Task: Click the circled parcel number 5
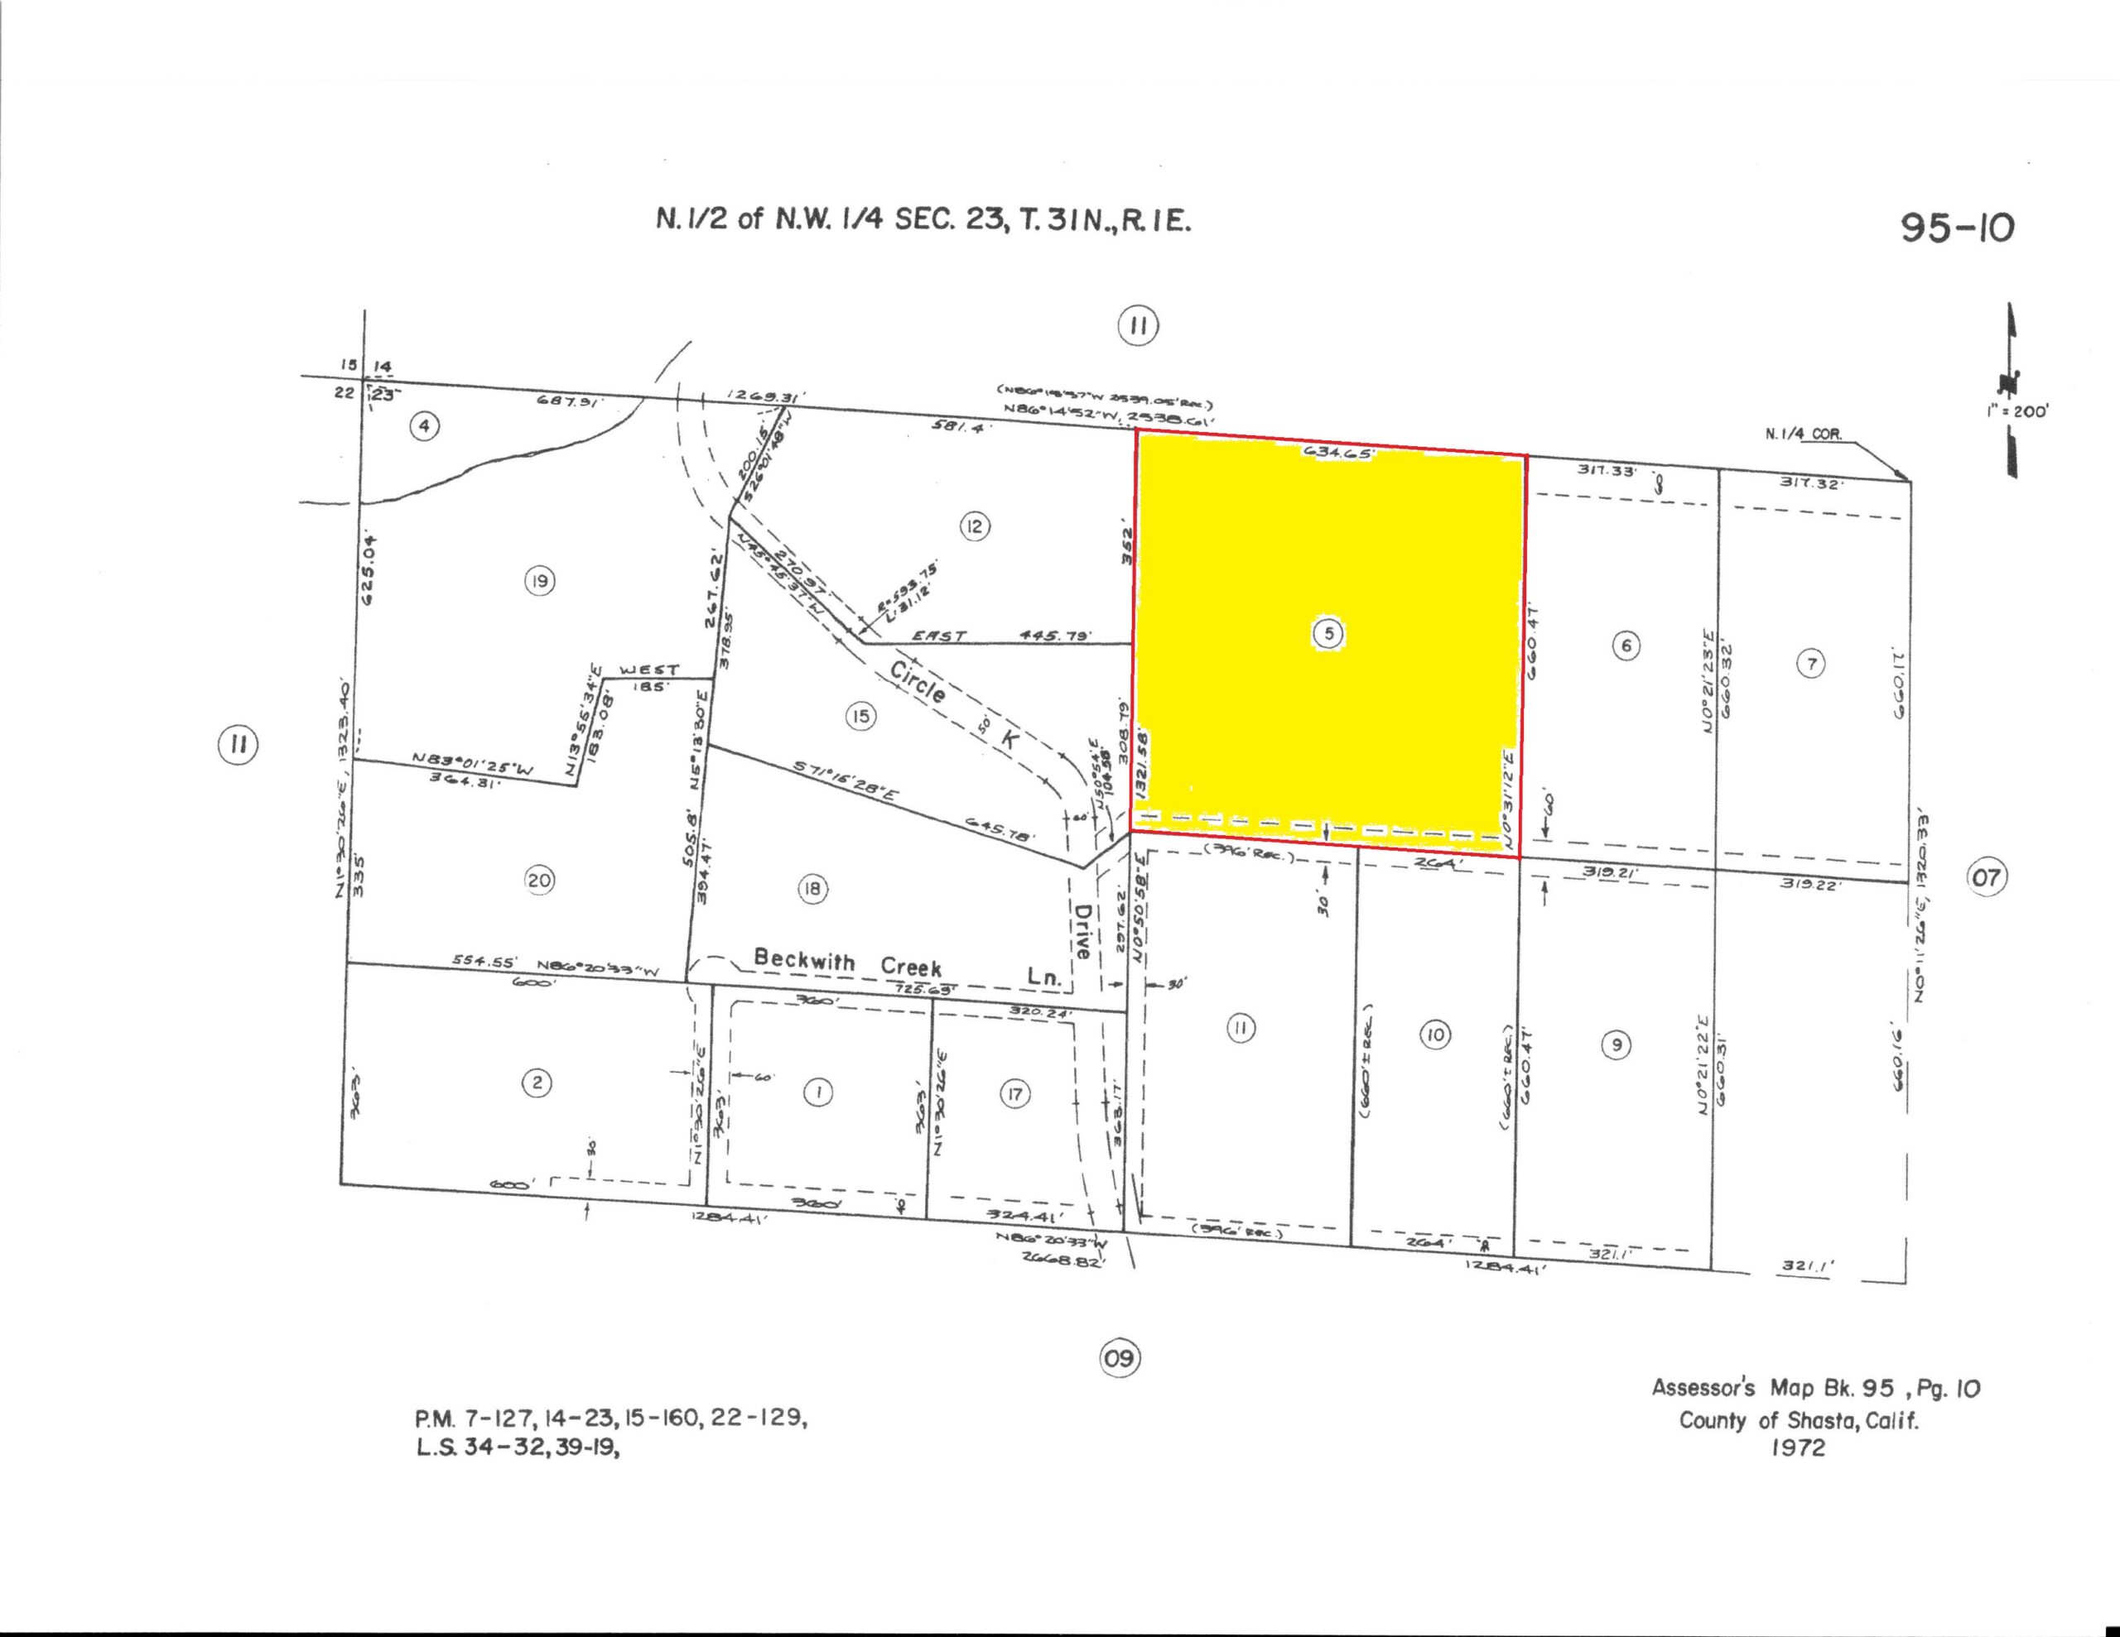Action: pos(1328,634)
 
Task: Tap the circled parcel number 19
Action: pos(540,581)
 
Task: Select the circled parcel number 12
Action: pos(974,527)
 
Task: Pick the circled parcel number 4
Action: pos(423,425)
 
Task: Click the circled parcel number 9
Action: pos(1615,1045)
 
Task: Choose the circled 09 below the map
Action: pos(1120,1356)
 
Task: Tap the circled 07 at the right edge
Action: pos(1986,877)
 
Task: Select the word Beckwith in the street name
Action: pos(804,960)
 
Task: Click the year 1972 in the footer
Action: pos(1798,1449)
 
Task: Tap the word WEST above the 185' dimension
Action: pos(648,670)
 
